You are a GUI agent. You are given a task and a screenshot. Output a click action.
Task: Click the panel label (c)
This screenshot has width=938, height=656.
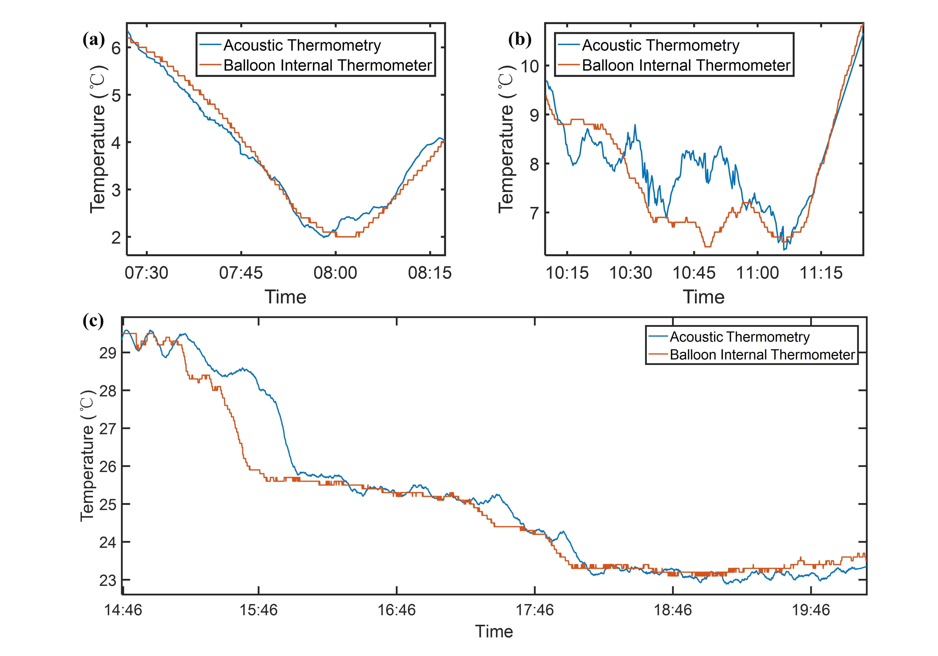tap(93, 321)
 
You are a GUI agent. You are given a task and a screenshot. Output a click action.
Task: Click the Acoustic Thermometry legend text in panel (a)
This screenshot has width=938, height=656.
tap(302, 45)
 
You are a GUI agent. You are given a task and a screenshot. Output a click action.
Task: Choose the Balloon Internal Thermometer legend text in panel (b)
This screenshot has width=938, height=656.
tap(686, 65)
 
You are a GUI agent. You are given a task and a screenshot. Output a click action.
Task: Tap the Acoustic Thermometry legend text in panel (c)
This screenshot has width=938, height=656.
tap(740, 337)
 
